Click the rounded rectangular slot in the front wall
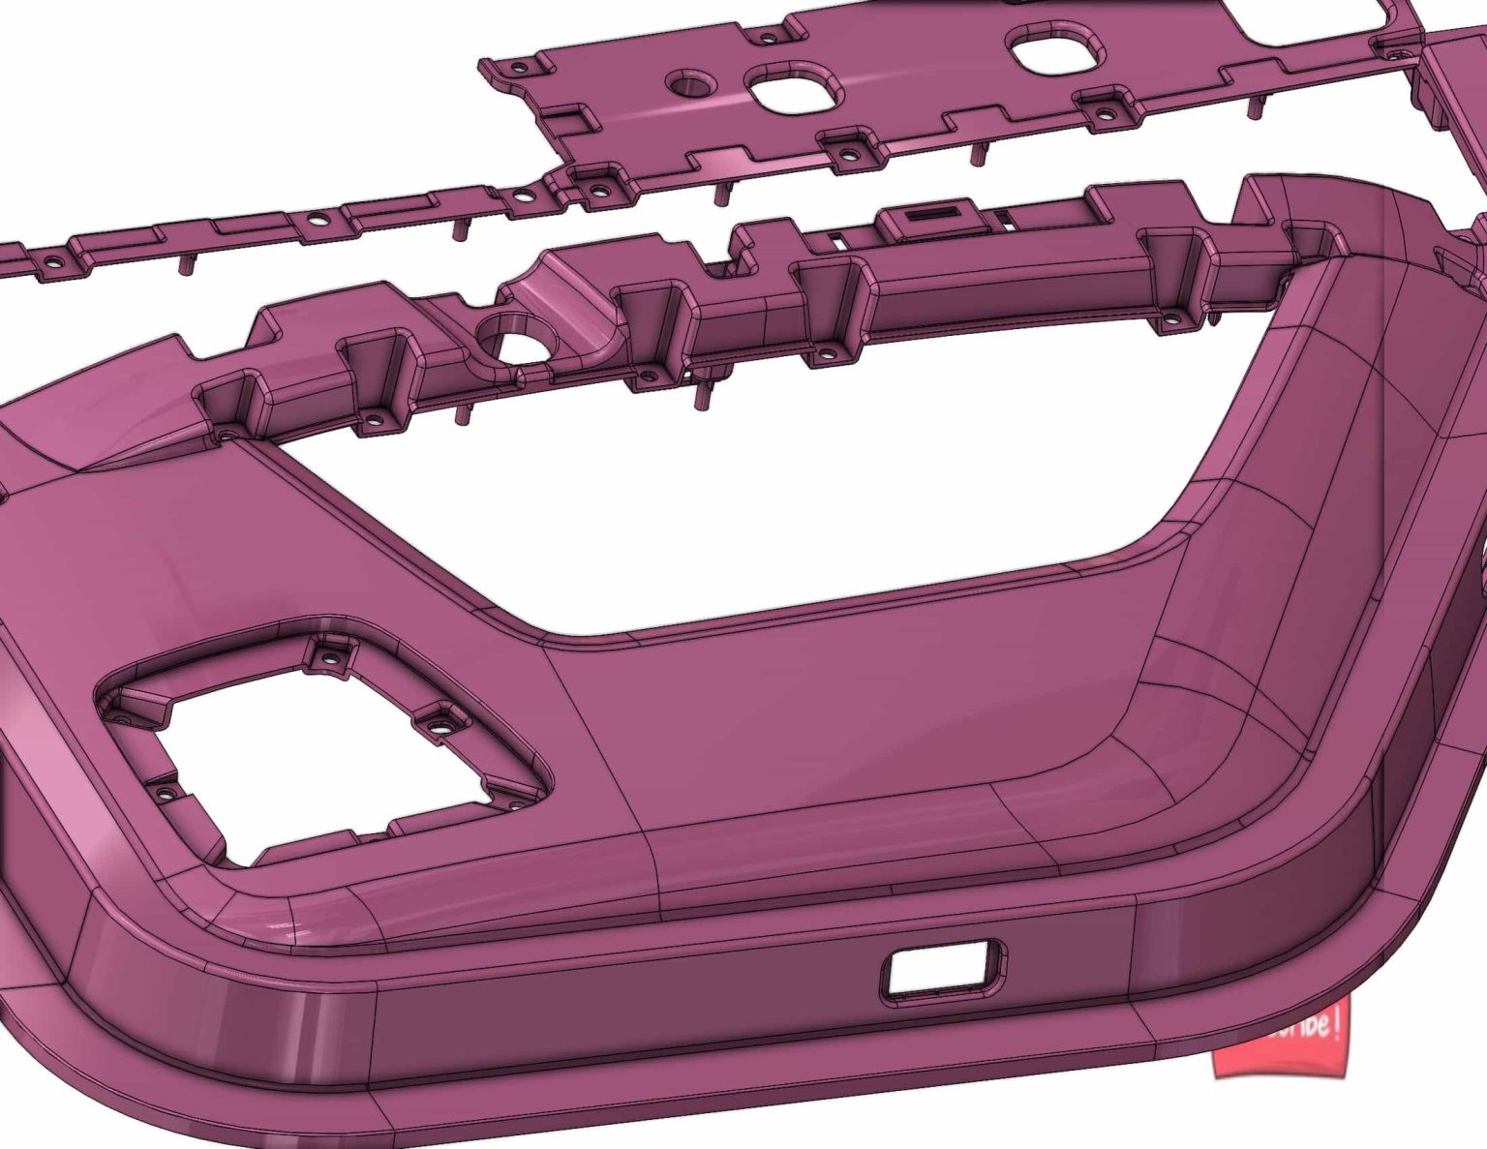click(942, 968)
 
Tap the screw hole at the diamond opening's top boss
click(331, 659)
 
